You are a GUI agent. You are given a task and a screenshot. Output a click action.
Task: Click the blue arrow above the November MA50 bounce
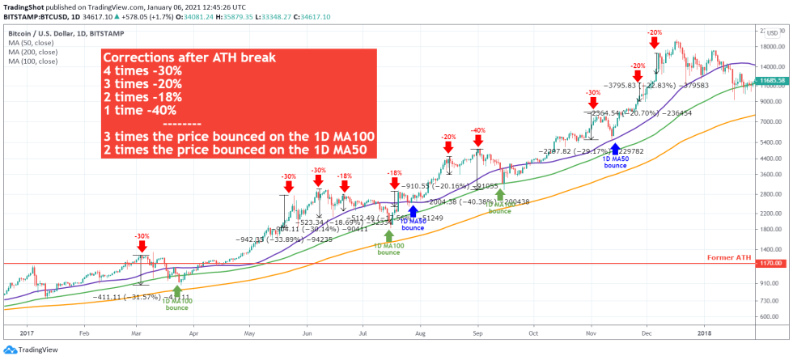coord(615,148)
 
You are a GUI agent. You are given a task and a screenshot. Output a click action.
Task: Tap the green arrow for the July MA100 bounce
coord(389,235)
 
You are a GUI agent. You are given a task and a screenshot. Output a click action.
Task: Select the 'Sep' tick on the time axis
coord(477,332)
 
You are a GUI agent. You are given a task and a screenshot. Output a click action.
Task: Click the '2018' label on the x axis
coord(704,332)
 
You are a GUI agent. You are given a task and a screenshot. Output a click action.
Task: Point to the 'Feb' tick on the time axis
coord(83,332)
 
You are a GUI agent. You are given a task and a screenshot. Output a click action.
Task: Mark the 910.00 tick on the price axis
coord(769,283)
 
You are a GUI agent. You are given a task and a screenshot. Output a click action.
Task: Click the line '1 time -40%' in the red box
coord(140,110)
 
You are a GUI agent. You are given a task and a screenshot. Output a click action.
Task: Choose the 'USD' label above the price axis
coord(772,33)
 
